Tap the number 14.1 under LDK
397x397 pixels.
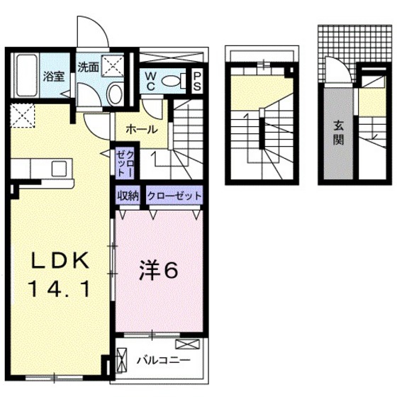coord(60,288)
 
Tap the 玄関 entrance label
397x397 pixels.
coord(338,132)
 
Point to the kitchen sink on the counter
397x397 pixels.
coord(59,168)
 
